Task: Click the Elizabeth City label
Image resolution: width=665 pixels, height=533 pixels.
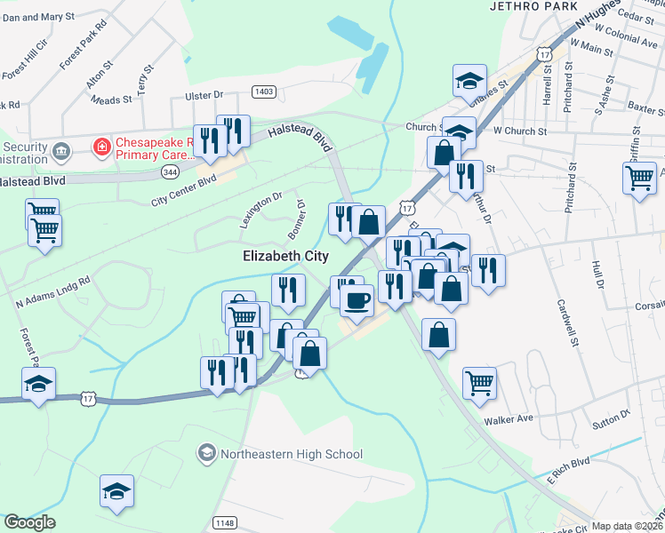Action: (285, 256)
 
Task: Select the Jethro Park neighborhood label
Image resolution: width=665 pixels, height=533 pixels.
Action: (527, 6)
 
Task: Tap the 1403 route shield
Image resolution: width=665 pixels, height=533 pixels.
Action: (263, 91)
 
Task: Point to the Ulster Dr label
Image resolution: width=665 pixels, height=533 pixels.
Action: (204, 95)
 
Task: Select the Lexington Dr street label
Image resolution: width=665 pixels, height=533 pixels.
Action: (260, 211)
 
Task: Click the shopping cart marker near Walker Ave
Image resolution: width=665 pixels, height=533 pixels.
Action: (479, 383)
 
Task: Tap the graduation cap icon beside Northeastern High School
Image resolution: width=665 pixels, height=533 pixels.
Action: (206, 454)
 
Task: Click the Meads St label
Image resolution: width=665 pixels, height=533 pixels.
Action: (111, 100)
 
